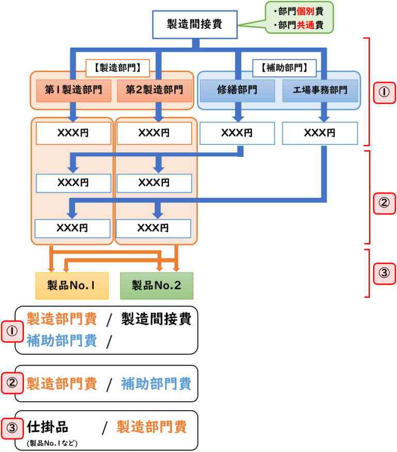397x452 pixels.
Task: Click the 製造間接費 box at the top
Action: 194,24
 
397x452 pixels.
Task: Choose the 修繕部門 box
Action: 237,90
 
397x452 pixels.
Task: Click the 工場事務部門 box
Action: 320,90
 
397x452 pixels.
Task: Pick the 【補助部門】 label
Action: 284,67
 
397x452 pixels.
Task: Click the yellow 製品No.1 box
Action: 72,286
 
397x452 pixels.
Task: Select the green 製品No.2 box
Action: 157,286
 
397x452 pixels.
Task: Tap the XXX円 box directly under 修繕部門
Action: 237,133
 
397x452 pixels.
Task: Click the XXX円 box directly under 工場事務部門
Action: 320,133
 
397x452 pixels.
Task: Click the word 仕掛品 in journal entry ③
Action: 47,427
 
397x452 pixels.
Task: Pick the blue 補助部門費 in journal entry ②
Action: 156,384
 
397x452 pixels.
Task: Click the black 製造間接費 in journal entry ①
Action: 156,319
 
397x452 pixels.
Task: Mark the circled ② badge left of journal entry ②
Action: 11,384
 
